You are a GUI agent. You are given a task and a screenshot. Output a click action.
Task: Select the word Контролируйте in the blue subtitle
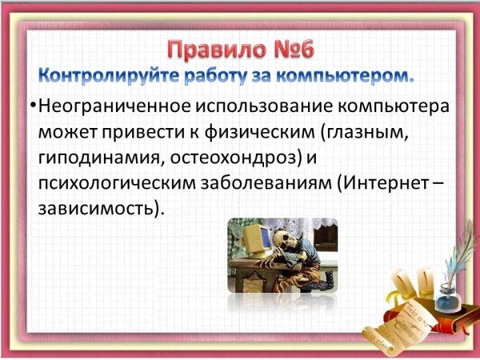(110, 76)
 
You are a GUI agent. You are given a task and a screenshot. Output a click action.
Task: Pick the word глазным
(366, 133)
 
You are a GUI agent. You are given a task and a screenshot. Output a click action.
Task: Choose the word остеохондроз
(234, 158)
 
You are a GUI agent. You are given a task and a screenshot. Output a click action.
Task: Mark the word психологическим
(118, 184)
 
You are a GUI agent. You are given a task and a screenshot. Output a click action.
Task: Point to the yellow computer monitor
(256, 241)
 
